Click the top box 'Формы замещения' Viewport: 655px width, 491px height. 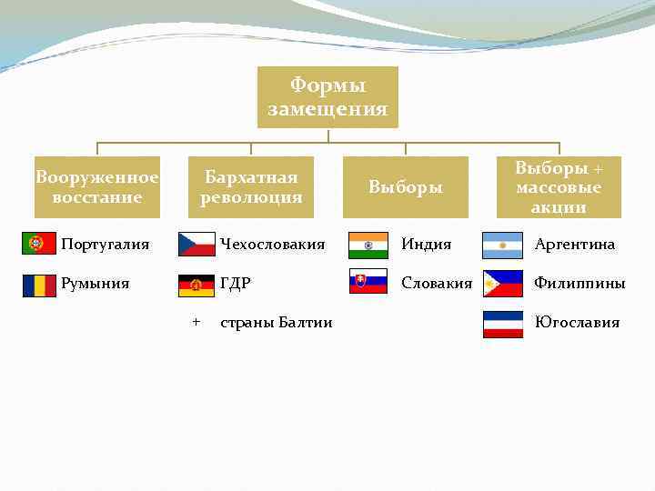pos(327,97)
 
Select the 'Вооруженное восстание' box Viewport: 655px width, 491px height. pos(97,187)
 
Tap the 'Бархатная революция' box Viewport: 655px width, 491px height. pos(251,187)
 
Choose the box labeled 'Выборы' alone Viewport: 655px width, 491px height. pos(406,187)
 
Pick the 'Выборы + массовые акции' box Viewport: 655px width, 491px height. pos(559,187)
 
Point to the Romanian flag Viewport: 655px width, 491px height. pos(39,284)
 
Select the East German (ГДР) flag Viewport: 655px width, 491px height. pos(196,284)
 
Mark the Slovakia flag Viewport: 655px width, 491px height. pos(368,283)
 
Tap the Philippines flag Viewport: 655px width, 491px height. pos(502,284)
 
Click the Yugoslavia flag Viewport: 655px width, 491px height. pos(502,323)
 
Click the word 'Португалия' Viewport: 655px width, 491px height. pos(105,245)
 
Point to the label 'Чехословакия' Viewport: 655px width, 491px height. pos(272,245)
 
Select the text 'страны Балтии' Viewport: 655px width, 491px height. pos(277,323)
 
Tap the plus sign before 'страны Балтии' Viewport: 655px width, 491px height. pos(196,322)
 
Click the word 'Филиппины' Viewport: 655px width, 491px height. pos(579,284)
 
